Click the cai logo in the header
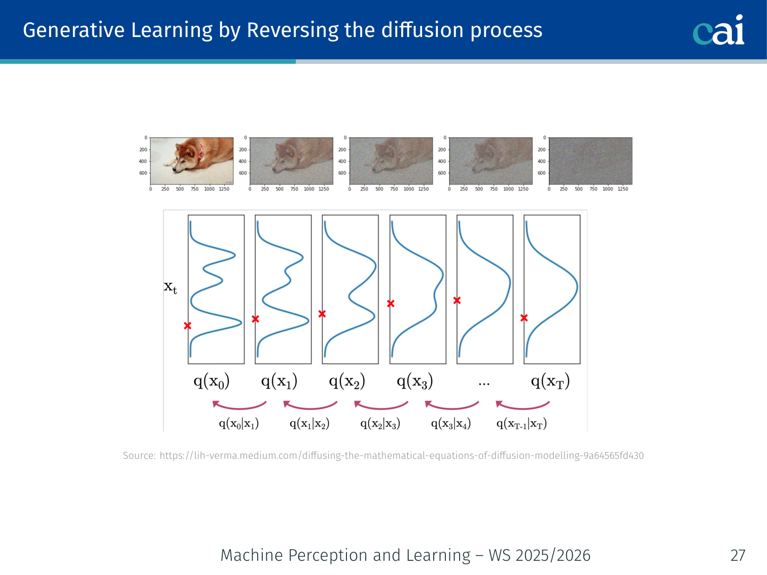click(718, 30)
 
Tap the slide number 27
click(738, 555)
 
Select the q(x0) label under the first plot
click(212, 381)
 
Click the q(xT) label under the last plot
click(550, 381)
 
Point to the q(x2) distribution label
click(347, 381)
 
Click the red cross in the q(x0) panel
click(188, 326)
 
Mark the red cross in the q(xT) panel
click(524, 318)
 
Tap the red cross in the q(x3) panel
click(391, 304)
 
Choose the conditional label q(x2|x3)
click(380, 424)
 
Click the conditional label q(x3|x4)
click(451, 424)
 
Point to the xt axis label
click(170, 287)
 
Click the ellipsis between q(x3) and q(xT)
click(484, 384)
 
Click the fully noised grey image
click(590, 161)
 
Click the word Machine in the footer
click(252, 555)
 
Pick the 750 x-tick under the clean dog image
click(194, 189)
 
